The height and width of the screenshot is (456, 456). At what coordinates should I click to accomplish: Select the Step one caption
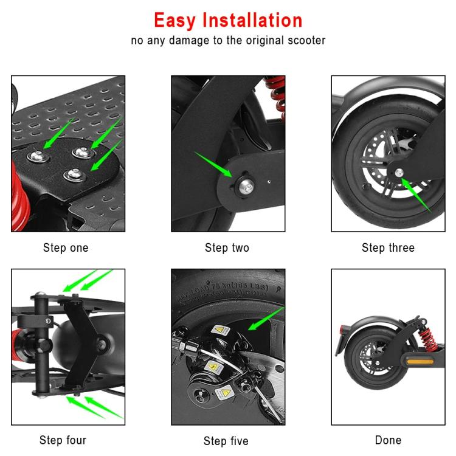[66, 248]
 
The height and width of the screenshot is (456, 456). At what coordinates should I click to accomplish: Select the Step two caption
[227, 248]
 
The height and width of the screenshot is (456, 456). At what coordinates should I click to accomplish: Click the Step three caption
[388, 248]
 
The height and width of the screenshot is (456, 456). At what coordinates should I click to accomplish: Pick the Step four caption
[63, 440]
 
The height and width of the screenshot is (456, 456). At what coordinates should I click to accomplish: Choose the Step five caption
[226, 441]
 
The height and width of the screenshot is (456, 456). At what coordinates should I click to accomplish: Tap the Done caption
[388, 440]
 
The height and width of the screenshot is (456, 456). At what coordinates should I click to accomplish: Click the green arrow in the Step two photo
[213, 164]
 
